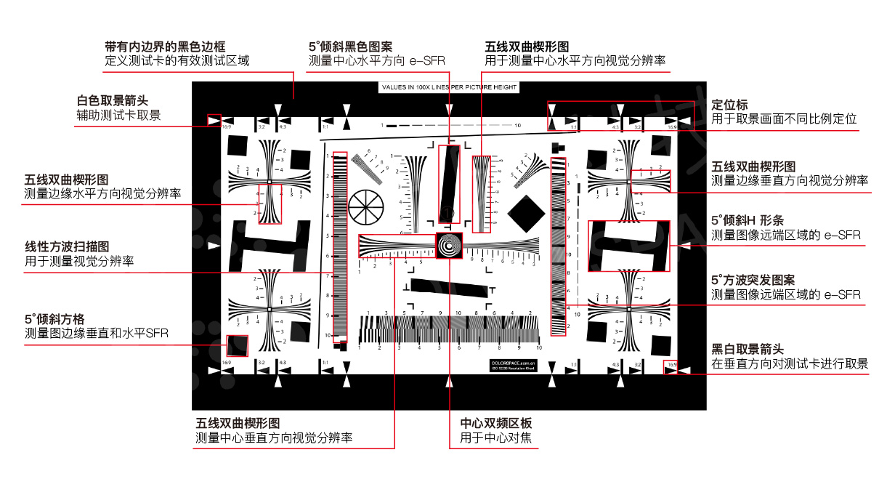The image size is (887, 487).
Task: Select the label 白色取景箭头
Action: click(x=117, y=101)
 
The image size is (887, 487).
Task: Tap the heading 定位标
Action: click(x=729, y=105)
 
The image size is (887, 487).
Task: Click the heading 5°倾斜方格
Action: click(x=55, y=319)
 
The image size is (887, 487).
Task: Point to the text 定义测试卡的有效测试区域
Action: click(x=177, y=61)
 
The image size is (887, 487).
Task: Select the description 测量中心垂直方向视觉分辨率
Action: click(x=274, y=438)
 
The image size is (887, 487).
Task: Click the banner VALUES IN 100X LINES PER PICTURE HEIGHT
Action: click(x=449, y=87)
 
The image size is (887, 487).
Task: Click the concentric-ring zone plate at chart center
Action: click(x=450, y=246)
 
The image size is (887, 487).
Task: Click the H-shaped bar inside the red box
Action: click(x=628, y=246)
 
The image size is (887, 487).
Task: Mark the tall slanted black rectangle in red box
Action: click(x=450, y=183)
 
